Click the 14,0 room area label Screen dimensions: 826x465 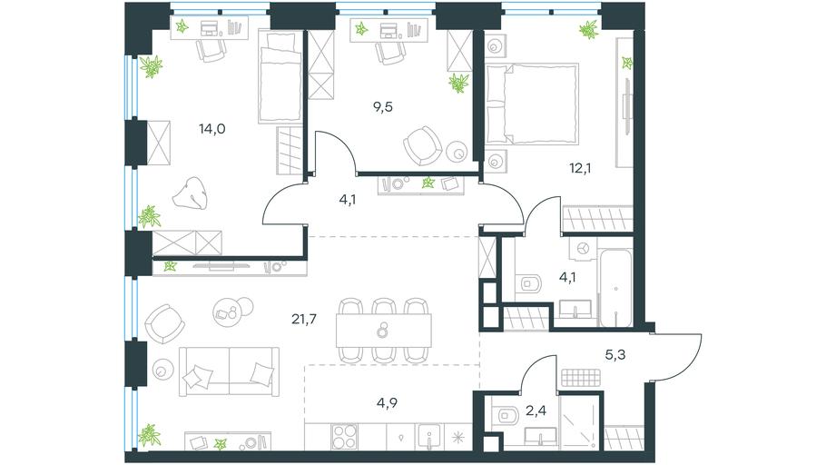coord(212,128)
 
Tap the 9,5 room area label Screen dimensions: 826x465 coord(383,107)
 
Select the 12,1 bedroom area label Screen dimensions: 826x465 coord(579,168)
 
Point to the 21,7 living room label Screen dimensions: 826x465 coord(304,319)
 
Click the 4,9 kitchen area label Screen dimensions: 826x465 coord(388,403)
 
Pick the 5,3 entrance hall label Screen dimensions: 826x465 coord(615,355)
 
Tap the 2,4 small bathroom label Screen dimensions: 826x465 coord(536,411)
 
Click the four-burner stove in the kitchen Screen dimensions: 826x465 coord(345,437)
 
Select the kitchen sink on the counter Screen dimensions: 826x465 coord(429,437)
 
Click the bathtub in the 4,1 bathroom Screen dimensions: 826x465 coord(615,287)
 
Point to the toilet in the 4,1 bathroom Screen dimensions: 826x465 coord(529,284)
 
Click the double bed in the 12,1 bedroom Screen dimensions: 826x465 coord(532,104)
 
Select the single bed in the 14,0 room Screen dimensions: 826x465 coord(280,77)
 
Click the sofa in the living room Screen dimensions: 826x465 coord(229,371)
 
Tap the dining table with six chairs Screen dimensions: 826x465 coord(384,331)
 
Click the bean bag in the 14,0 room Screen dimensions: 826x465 coord(191,193)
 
